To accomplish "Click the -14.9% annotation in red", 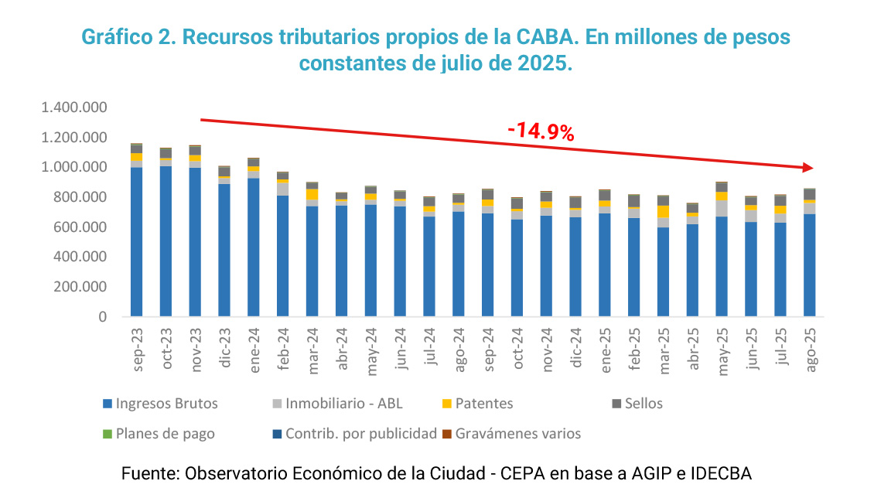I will coord(541,132).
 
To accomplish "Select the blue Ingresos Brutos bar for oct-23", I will coord(166,240).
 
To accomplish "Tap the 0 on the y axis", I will coord(101,316).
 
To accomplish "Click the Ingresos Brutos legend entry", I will coord(166,404).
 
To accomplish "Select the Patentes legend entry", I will coord(483,404).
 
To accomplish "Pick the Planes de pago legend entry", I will coord(165,434).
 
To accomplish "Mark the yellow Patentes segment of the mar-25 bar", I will coord(663,211).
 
